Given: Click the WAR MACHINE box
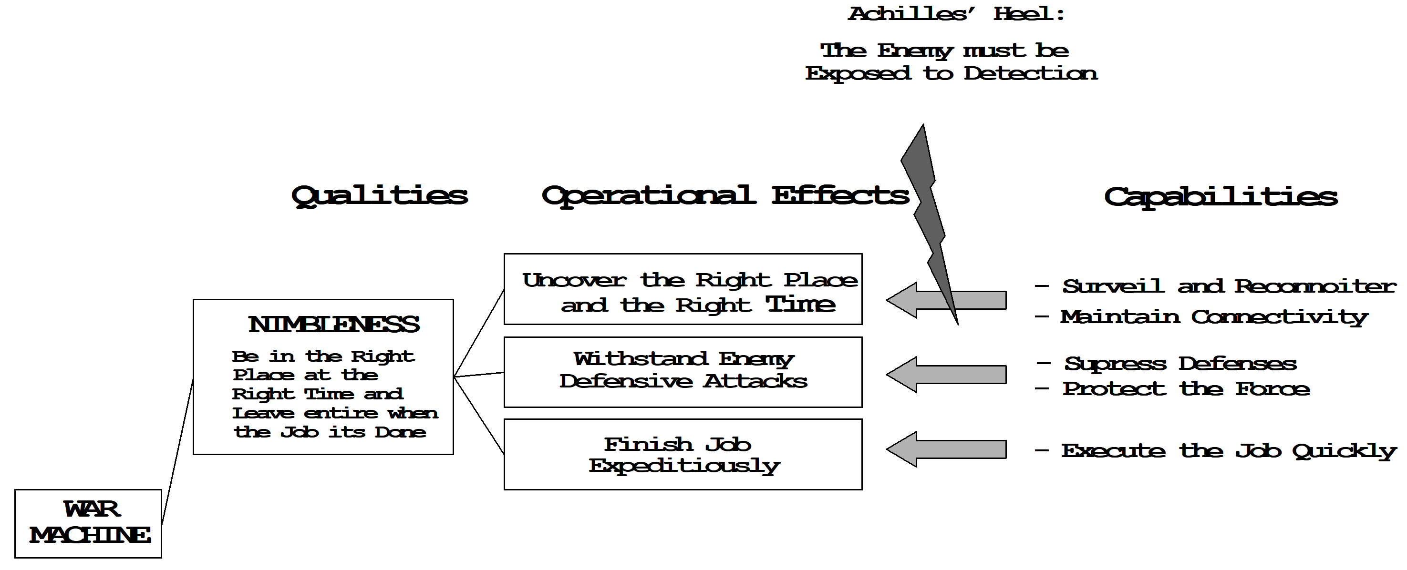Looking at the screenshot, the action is [x=88, y=524].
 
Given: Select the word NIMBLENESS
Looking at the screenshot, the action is [x=334, y=324].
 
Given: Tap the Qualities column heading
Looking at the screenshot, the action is [x=380, y=196].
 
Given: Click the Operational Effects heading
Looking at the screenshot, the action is [x=725, y=196].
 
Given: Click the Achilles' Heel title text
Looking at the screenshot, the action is [x=956, y=14].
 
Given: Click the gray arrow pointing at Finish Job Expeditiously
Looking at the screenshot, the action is [x=946, y=449].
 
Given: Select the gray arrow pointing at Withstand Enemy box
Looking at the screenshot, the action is [x=946, y=375].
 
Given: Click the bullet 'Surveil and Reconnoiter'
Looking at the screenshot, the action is [x=1215, y=286].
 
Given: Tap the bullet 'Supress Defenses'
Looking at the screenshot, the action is [x=1167, y=364].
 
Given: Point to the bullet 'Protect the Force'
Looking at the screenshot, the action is [x=1173, y=389].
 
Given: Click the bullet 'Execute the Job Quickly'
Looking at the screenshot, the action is [x=1215, y=451].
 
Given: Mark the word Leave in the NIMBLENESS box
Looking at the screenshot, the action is [x=263, y=413].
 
